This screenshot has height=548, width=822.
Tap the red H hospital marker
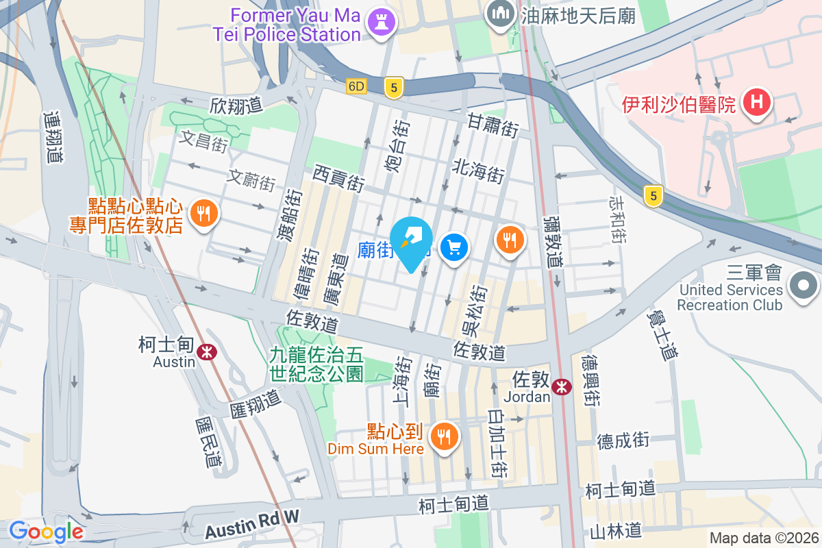pyautogui.click(x=757, y=103)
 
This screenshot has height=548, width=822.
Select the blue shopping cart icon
pyautogui.click(x=454, y=246)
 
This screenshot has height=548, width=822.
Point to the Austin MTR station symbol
pyautogui.click(x=205, y=352)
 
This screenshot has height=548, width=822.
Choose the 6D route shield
pyautogui.click(x=356, y=86)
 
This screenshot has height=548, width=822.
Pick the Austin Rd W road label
pyautogui.click(x=252, y=525)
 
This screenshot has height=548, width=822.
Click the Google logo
pyautogui.click(x=46, y=531)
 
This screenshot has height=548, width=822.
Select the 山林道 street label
pyautogui.click(x=615, y=530)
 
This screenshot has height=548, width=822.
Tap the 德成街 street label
pyautogui.click(x=622, y=440)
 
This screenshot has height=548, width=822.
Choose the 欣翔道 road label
pyautogui.click(x=236, y=106)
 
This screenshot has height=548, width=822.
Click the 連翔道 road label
pyautogui.click(x=52, y=137)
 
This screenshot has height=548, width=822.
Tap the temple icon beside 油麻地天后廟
pyautogui.click(x=501, y=12)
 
